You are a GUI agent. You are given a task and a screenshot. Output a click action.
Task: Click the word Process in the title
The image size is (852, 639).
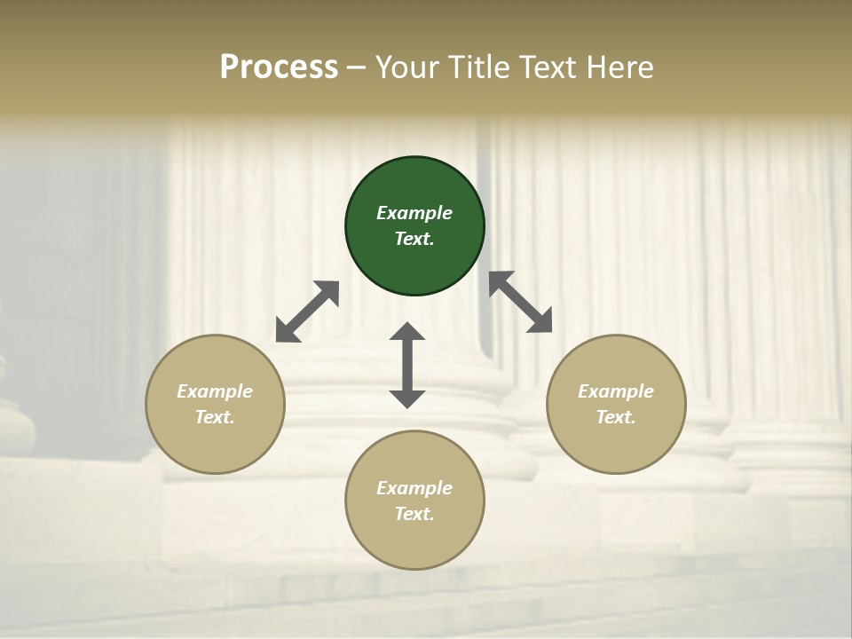point(279,67)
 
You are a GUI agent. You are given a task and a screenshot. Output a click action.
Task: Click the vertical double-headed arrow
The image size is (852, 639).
point(407,365)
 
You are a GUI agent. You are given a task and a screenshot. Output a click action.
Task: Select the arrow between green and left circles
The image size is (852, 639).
point(307,312)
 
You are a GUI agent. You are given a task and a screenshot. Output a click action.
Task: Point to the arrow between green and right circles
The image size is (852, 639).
point(521,302)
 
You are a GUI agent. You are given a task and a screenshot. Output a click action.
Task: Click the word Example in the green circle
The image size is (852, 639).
point(414,213)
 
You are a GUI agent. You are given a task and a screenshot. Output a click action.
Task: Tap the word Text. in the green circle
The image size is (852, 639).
point(414,239)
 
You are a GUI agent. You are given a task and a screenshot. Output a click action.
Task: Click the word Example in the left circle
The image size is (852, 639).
point(215,391)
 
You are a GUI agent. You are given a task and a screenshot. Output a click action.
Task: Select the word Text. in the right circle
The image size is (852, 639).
point(616,417)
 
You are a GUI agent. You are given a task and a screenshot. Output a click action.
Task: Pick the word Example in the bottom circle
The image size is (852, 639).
point(414,488)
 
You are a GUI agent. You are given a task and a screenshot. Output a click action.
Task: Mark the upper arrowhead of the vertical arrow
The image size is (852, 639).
point(407,332)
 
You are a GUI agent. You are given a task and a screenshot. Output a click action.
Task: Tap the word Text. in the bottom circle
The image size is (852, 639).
point(414,514)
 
